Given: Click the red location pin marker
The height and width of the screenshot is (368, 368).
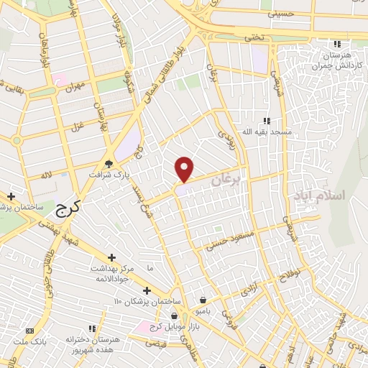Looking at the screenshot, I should (x=185, y=169).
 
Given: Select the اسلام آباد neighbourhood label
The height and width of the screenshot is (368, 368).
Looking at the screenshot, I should (x=319, y=195).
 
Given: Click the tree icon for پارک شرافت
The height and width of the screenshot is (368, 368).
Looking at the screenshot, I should (x=109, y=164).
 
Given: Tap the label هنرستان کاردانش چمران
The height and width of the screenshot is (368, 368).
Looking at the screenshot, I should (x=333, y=60).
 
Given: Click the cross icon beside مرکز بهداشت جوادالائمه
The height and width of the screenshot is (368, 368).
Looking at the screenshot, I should (x=111, y=257).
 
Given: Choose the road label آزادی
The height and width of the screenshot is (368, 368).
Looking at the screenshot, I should (x=246, y=293).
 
